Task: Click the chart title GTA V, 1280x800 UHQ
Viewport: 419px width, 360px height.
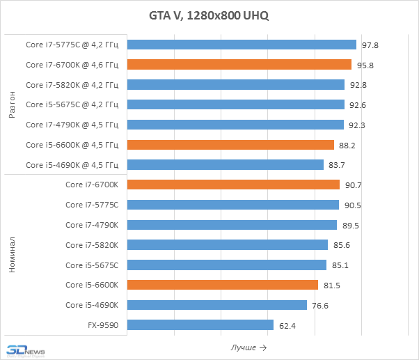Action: (209, 15)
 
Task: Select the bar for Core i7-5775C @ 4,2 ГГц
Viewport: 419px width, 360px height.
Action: (242, 45)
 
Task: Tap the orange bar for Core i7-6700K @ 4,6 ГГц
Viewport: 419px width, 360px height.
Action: (239, 65)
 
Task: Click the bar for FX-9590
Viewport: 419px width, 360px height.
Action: (200, 325)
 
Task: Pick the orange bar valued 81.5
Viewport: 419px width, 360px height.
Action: (223, 285)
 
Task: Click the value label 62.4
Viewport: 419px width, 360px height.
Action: (287, 325)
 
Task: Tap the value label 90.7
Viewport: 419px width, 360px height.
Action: (353, 185)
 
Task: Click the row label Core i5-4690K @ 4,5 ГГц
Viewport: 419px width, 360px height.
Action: (72, 165)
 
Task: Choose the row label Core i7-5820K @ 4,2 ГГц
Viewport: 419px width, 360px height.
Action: (72, 85)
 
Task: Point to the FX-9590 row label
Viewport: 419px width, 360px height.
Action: (102, 325)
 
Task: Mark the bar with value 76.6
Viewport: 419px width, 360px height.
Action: (217, 305)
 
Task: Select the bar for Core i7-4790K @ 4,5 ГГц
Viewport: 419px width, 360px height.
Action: (236, 125)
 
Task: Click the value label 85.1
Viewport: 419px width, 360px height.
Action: (340, 265)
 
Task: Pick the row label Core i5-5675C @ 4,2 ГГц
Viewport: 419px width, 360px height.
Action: (72, 105)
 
